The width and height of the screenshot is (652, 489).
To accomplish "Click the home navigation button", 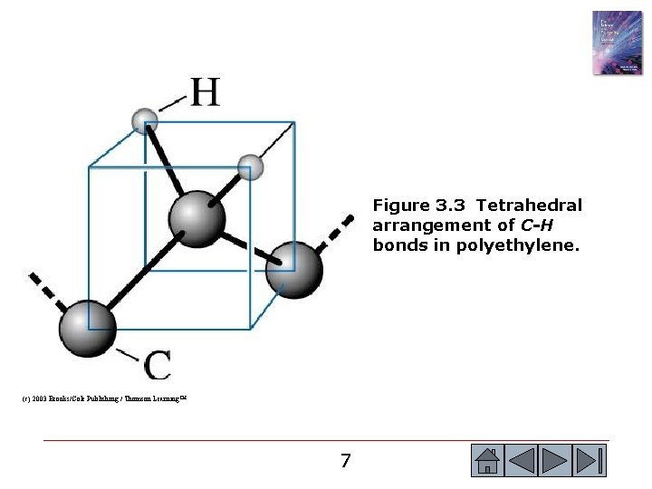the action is pos(486,461).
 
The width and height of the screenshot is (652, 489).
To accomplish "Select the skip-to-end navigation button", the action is pos(591,461).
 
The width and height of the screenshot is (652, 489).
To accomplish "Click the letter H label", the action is pos(204,91).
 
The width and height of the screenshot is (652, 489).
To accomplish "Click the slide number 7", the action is pos(344,461).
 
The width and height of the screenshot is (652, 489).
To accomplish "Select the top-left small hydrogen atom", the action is pos(144,120).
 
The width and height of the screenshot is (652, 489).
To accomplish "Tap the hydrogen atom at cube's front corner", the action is pos(249,166).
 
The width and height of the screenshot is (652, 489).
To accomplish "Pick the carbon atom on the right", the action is pos(293,270).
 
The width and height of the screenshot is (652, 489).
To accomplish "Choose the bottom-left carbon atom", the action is pos(88,331).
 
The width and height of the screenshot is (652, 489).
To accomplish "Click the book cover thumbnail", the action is pos(617,43).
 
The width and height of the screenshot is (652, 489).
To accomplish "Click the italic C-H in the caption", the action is pos(527,225).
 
